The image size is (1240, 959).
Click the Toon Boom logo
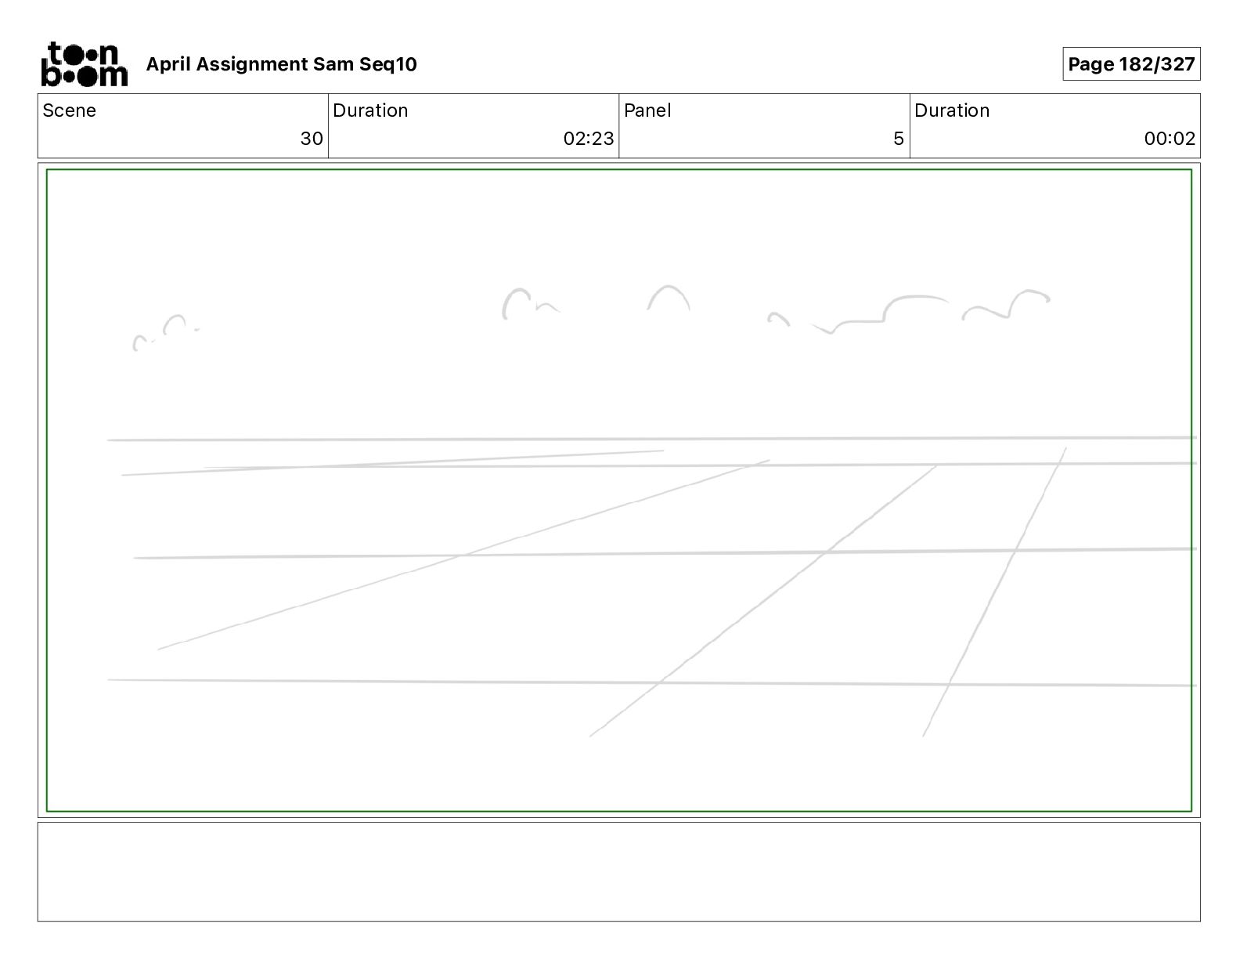point(84,64)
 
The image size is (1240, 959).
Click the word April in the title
point(168,64)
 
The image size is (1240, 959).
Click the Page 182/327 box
point(1130,64)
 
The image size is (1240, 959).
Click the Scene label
point(69,110)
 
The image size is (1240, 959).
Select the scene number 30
point(312,139)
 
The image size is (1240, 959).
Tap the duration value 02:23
point(588,139)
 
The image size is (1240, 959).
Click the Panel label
point(647,110)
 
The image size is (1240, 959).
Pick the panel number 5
point(898,139)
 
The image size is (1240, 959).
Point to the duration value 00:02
point(1169,139)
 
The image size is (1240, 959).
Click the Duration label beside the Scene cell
point(370,110)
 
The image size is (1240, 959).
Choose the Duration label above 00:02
point(952,110)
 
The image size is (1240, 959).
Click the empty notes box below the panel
point(618,871)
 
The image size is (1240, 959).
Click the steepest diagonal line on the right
point(994,592)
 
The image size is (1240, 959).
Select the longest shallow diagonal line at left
point(462,555)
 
